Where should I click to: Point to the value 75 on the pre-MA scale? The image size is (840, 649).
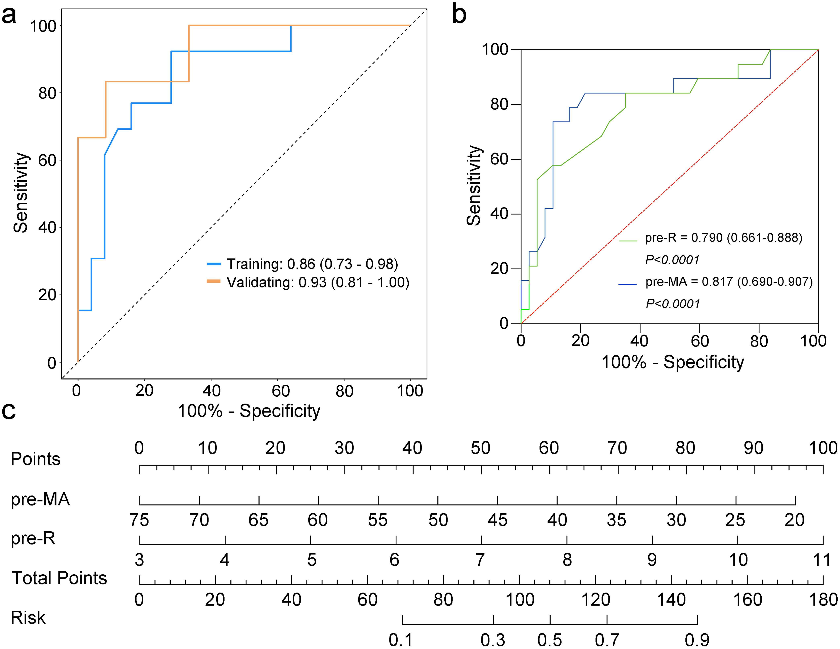(x=139, y=520)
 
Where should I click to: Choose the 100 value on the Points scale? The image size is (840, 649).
(x=823, y=448)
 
